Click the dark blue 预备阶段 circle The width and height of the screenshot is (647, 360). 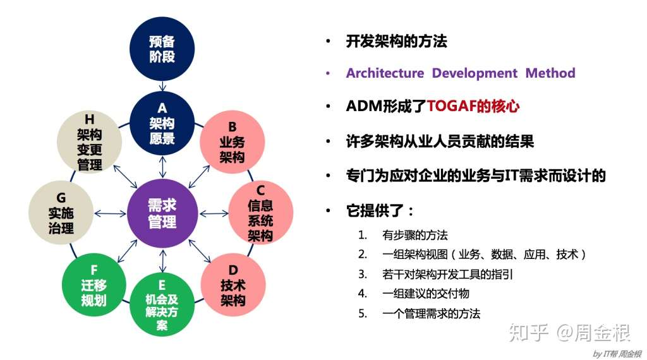[162, 49]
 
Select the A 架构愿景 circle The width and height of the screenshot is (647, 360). [162, 123]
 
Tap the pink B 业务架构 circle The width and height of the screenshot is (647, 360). [233, 142]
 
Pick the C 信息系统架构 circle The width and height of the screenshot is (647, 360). [260, 213]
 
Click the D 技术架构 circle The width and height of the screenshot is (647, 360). [233, 285]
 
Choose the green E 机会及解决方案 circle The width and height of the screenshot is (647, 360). [162, 304]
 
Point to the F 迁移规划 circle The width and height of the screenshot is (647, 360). [94, 285]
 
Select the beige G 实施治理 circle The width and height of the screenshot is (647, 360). [61, 213]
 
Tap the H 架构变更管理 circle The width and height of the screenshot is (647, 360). [90, 142]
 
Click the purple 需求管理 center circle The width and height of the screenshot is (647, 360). [162, 213]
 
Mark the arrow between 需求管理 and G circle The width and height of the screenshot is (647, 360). [110, 213]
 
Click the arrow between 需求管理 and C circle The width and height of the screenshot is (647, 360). [214, 213]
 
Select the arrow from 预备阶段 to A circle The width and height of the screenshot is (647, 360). [162, 86]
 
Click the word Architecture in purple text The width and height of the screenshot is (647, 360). [385, 73]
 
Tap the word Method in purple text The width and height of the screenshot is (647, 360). [550, 73]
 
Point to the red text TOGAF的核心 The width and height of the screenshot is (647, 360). [473, 106]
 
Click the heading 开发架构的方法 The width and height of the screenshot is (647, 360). [397, 41]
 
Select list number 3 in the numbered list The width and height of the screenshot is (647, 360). [362, 274]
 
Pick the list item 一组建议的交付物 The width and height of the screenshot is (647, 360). [426, 294]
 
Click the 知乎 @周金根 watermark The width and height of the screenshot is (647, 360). [569, 332]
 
